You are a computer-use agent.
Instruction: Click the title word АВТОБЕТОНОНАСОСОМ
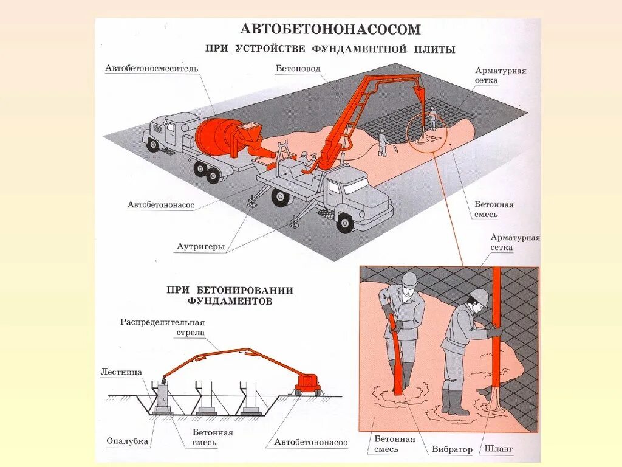(330, 29)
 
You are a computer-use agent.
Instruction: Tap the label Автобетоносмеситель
(152, 68)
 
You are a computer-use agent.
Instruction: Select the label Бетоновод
(298, 69)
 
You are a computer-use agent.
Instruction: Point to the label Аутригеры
(200, 247)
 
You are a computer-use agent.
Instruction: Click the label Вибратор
(452, 450)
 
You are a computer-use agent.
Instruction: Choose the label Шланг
(499, 449)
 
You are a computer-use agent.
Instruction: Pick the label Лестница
(121, 372)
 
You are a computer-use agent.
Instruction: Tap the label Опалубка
(127, 441)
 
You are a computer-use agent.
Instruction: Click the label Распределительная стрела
(162, 327)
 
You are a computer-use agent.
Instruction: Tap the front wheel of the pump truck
(345, 222)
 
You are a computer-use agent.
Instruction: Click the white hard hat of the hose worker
(479, 297)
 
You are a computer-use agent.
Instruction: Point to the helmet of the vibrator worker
(409, 279)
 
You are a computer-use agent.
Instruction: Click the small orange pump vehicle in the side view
(307, 383)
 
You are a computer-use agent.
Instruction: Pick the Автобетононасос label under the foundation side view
(310, 442)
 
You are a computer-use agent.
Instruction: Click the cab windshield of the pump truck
(355, 185)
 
